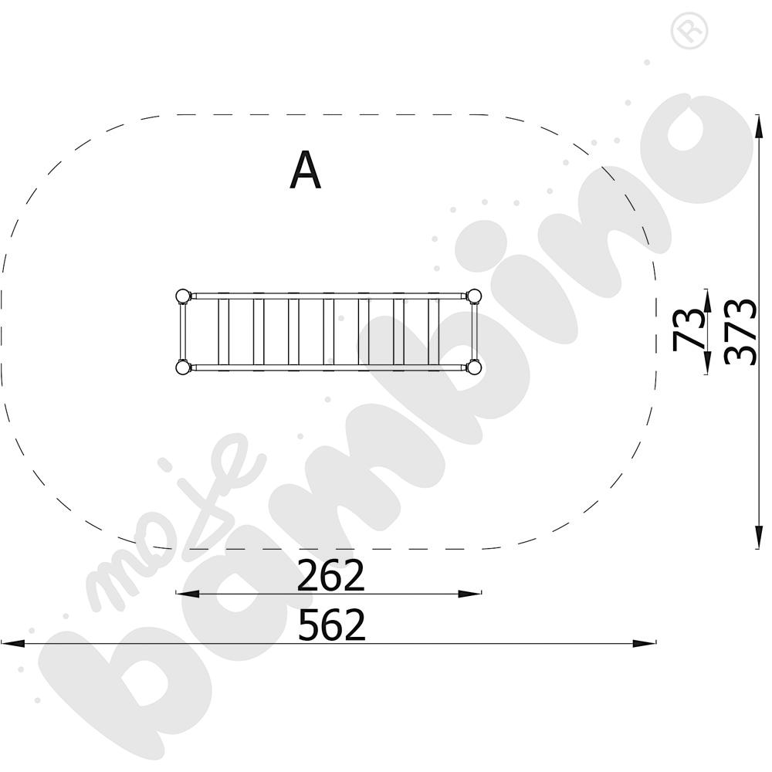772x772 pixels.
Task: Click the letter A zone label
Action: point(305,170)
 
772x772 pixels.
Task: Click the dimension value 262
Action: point(331,575)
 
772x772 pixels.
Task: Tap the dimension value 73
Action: point(689,330)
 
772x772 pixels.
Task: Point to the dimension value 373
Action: point(740,332)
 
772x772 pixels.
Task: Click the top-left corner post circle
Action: point(182,296)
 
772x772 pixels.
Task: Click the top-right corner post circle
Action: point(474,296)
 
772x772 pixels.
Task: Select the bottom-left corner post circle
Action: point(182,367)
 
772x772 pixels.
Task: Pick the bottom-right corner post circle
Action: point(474,367)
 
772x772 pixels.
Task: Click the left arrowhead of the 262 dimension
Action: point(187,594)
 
